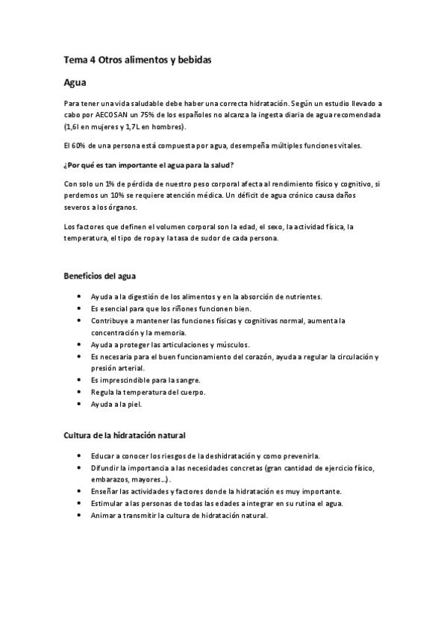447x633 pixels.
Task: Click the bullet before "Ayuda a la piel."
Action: (x=79, y=405)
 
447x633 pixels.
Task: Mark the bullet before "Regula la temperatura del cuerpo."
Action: (x=79, y=393)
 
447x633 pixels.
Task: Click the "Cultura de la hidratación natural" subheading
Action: (x=123, y=435)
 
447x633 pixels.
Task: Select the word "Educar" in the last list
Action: (x=104, y=455)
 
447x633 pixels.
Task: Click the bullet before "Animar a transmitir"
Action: (x=79, y=516)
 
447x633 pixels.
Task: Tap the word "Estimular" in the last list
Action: (x=109, y=504)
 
